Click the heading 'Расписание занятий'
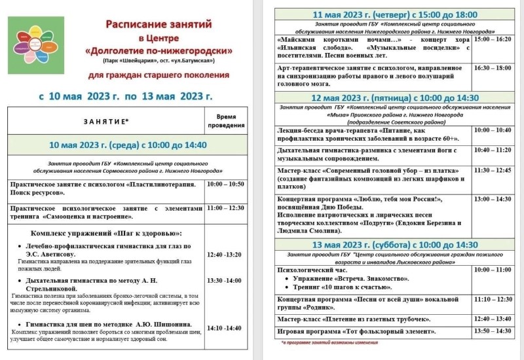tap(160, 24)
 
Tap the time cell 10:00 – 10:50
tap(225, 184)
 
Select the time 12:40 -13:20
tap(224, 255)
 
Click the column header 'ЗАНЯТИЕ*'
tap(105, 121)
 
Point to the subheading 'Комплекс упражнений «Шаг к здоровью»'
tap(106, 234)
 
